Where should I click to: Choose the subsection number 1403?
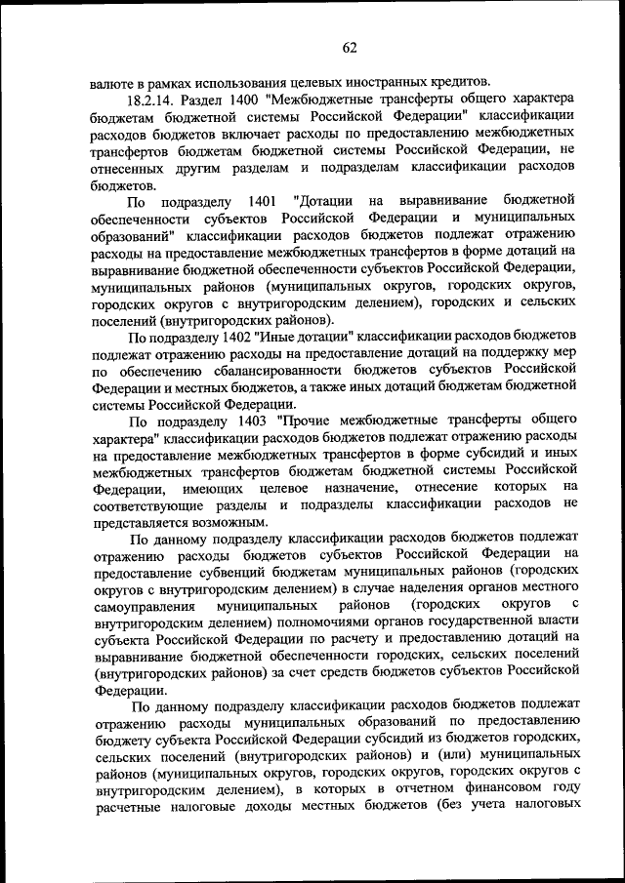click(255, 421)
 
